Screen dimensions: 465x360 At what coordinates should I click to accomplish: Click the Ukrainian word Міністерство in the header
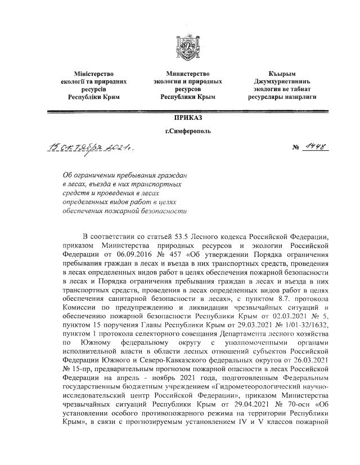94,74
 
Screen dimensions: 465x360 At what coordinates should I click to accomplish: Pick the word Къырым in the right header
282,74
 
